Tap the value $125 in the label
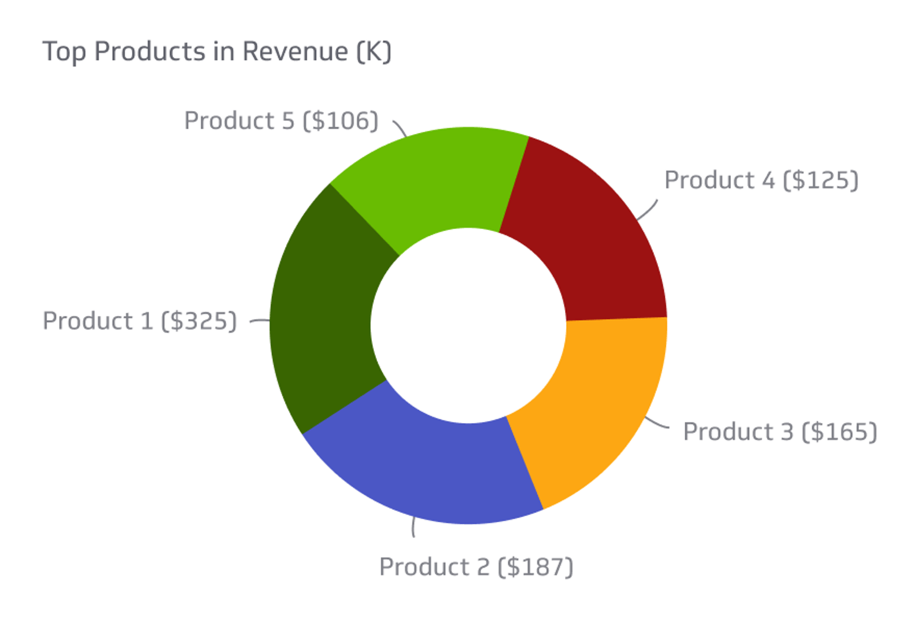point(821,180)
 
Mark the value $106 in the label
point(341,121)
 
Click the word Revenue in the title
point(295,51)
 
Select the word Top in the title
point(64,52)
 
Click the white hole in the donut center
point(468,325)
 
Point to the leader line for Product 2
point(413,527)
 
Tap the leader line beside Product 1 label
point(260,320)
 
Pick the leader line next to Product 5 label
point(400,128)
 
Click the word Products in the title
point(149,51)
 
